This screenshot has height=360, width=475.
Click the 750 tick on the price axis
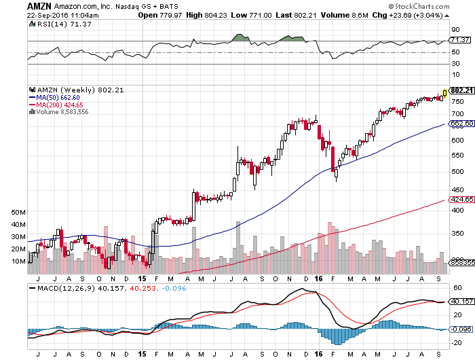point(457,102)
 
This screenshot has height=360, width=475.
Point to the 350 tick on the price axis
point(457,233)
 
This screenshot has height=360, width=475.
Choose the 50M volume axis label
point(18,213)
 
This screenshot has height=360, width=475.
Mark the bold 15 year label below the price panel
point(141,278)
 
